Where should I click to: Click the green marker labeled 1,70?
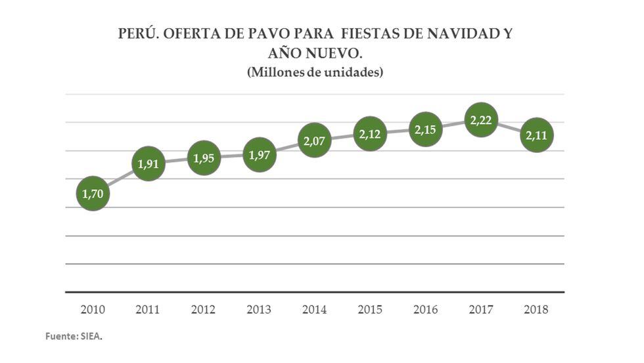coord(93,194)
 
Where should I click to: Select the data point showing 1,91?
coord(149,164)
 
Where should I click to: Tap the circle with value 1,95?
coord(204,158)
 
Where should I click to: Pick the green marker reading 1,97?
coord(260,156)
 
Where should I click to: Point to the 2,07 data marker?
coord(315,140)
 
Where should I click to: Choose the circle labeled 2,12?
coord(371,134)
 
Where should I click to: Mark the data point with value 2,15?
coord(426,130)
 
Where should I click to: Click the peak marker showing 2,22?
coord(482,119)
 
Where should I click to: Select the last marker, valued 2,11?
coord(537,135)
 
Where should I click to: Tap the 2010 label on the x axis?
coord(93,309)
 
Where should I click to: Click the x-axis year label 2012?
coord(204,309)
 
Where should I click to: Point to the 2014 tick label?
coord(315,309)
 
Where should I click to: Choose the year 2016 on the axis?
coord(426,309)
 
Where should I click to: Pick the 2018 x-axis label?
coord(537,309)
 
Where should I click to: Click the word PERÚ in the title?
coord(137,34)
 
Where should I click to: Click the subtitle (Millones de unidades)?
coord(315,72)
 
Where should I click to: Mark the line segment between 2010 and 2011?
coord(120,179)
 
